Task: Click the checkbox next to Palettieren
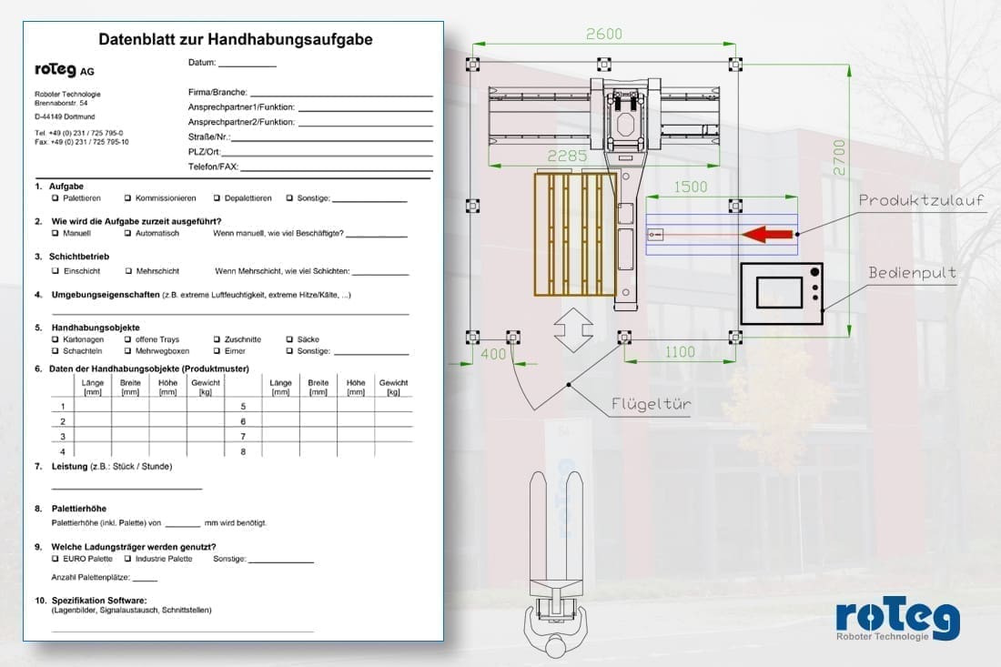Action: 55,198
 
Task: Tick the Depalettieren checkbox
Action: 217,198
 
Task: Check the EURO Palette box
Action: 55,559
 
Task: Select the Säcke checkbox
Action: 289,339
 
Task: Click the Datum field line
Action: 248,66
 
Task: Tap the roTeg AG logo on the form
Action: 65,69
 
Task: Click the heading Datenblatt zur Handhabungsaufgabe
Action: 236,39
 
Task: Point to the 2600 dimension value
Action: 604,34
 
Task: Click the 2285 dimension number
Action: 567,156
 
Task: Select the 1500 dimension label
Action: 691,187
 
